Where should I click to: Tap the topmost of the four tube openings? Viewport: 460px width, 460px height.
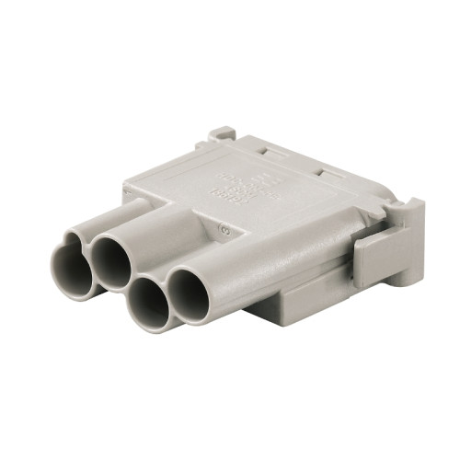(114, 259)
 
